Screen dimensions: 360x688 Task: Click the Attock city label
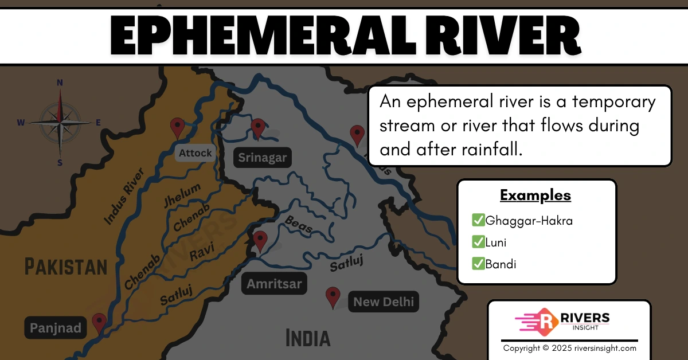pos(195,153)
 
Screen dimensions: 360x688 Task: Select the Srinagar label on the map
pos(262,158)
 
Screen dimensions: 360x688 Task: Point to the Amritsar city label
pos(274,284)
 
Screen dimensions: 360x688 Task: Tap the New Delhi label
pos(383,302)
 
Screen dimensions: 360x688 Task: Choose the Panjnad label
pos(56,328)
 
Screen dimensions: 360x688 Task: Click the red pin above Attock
pos(178,127)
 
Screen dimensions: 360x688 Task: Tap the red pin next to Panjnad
pos(99,323)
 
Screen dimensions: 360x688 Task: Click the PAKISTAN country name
pos(66,267)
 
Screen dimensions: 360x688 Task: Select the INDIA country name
pos(308,338)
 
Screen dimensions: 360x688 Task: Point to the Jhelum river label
pos(182,195)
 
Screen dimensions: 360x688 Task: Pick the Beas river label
pos(299,224)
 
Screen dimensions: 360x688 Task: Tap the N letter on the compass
pos(60,83)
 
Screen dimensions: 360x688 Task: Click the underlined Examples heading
pos(535,195)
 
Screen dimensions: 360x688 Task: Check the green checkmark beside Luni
pos(478,242)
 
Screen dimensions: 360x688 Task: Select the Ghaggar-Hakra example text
pos(529,220)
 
